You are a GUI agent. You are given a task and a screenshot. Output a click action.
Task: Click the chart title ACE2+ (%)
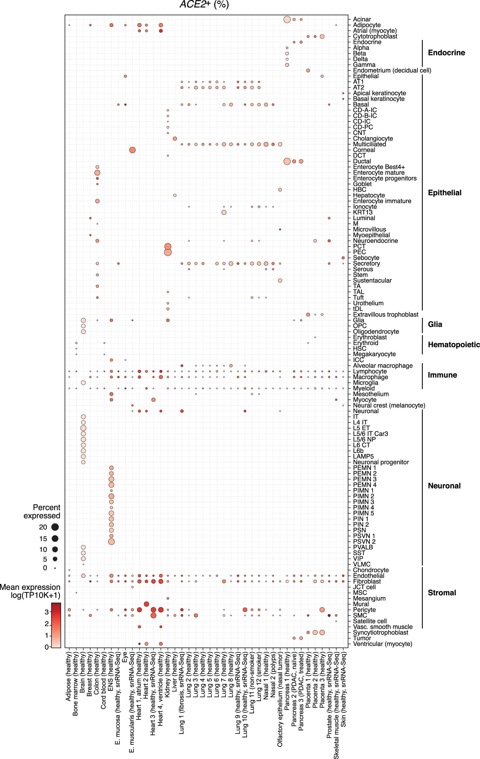[204, 4]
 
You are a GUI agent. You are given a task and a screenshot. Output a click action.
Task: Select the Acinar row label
[362, 19]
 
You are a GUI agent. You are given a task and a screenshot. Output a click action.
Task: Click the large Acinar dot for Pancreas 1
[287, 20]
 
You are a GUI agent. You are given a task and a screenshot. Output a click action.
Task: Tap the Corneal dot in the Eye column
[132, 150]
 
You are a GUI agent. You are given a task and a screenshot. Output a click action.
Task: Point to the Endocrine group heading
[446, 53]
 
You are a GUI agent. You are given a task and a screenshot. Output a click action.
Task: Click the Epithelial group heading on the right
[444, 192]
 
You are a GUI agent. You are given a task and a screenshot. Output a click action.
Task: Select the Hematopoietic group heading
[454, 344]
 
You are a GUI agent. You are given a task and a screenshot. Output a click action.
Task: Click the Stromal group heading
[442, 593]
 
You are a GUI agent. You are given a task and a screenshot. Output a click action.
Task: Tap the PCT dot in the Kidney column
[168, 246]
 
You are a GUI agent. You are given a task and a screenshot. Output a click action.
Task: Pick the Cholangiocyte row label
[373, 139]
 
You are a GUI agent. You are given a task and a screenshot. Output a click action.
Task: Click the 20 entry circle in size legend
[55, 527]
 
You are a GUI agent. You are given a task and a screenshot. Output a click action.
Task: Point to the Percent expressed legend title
[42, 511]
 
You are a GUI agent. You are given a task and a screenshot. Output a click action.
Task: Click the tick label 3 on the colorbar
[47, 612]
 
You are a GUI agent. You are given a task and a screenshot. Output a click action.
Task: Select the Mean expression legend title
[30, 591]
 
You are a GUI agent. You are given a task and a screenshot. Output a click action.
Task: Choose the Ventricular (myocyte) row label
[382, 644]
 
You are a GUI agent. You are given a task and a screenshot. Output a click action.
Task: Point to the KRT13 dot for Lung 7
[224, 212]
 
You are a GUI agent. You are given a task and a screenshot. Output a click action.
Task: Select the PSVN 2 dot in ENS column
[111, 541]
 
